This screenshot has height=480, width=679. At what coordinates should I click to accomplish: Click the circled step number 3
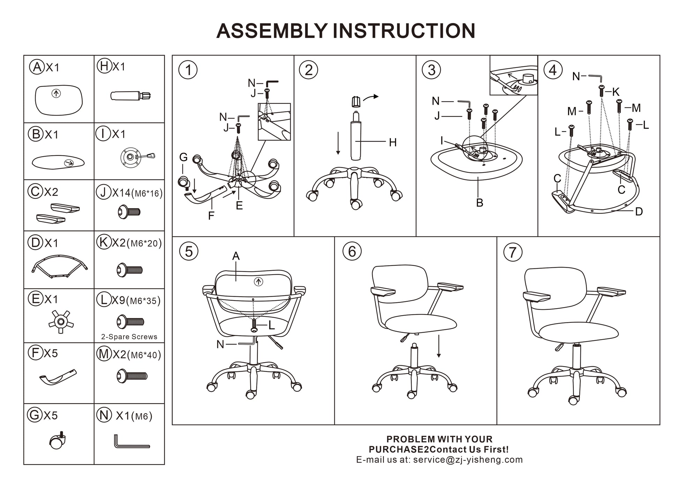coord(431,70)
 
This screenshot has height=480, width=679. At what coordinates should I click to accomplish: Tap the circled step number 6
coord(352,251)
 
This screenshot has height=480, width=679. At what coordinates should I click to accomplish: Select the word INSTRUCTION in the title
coord(404,31)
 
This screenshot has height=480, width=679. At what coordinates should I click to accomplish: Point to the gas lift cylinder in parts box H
coord(130,95)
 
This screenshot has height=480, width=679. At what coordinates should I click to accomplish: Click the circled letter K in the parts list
coord(103,242)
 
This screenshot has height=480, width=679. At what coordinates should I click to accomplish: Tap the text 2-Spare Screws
coord(129,337)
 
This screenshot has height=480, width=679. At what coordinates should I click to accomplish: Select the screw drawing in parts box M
coord(132,376)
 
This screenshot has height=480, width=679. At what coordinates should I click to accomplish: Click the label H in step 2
coord(393,142)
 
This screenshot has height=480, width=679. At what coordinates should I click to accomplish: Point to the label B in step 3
coord(479,203)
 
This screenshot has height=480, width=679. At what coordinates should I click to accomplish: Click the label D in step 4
coord(639,212)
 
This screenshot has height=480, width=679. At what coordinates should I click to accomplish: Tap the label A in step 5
coord(236,256)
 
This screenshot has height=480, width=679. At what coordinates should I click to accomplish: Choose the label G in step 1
coord(183,157)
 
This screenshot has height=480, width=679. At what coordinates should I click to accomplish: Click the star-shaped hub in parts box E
coord(61,321)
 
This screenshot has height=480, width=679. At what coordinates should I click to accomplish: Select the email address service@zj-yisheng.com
coord(468,460)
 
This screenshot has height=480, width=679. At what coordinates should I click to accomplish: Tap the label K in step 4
coord(615,92)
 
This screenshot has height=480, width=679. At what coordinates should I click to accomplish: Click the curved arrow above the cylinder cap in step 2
coord(371,98)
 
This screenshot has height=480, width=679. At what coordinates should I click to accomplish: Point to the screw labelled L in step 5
coord(254,326)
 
